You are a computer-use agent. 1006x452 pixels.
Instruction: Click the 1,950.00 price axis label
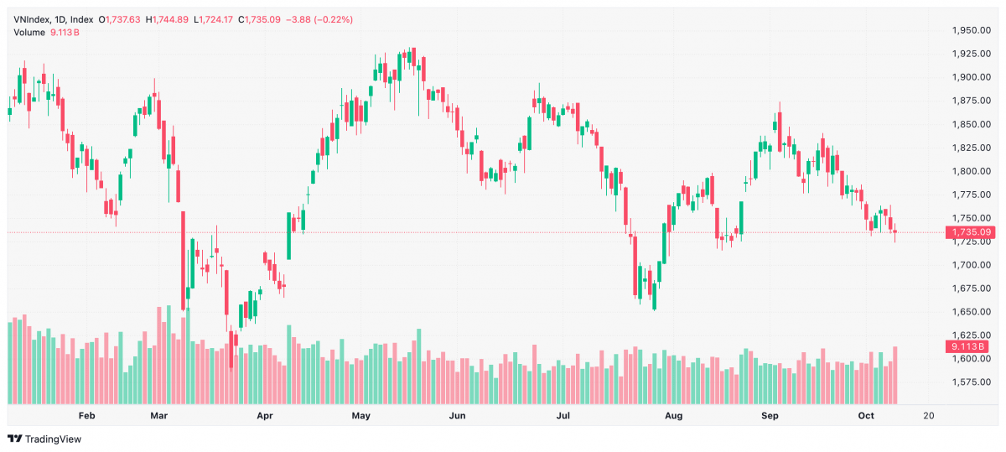point(972,30)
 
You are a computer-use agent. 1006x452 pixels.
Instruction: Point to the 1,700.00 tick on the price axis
point(972,265)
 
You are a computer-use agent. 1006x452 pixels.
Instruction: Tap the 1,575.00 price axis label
point(972,382)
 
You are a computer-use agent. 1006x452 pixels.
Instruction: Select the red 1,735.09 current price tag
point(970,232)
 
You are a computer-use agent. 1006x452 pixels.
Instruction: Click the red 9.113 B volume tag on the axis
point(967,346)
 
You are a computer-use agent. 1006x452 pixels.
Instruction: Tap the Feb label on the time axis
point(86,416)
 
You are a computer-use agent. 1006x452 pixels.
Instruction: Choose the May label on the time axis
point(361,416)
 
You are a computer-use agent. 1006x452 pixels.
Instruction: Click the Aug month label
point(674,416)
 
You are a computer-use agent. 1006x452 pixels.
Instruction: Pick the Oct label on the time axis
point(866,416)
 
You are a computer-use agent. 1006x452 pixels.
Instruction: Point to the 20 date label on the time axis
point(929,416)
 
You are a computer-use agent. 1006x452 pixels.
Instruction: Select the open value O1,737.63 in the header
point(119,20)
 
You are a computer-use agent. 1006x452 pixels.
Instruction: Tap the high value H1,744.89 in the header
point(167,20)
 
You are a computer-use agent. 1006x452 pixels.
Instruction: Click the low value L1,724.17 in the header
point(213,20)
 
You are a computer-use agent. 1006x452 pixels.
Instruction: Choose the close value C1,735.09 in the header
point(259,20)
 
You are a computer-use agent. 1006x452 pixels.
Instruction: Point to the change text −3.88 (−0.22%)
point(319,20)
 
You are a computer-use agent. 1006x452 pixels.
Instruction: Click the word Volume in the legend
point(29,33)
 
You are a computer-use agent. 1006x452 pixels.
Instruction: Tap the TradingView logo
point(44,439)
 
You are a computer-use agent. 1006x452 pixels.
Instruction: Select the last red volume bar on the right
point(895,375)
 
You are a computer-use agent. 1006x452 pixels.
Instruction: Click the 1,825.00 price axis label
point(972,148)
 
